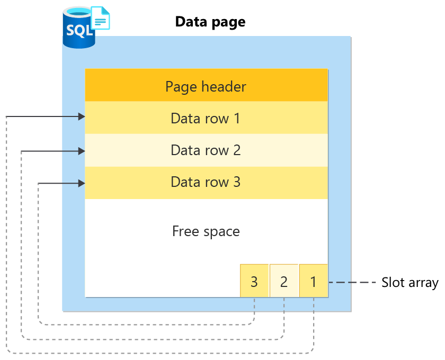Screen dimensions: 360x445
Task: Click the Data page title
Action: pos(210,22)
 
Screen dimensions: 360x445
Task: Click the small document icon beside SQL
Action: pos(101,18)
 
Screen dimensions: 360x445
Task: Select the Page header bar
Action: pos(206,86)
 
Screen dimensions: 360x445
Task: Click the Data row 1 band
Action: pos(206,118)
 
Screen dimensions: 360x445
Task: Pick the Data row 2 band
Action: pos(206,150)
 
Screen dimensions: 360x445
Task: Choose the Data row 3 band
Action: pos(206,182)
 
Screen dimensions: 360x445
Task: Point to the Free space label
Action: pos(206,231)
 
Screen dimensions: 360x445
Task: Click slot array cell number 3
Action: pos(254,281)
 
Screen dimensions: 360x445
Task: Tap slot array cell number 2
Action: pos(284,281)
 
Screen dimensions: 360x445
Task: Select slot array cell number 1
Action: pos(314,281)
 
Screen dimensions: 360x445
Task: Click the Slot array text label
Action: pos(410,283)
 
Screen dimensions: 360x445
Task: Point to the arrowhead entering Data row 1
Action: pos(82,116)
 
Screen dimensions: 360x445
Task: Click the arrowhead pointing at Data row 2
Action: pos(82,151)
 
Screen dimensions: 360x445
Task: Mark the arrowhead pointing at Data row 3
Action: pos(82,184)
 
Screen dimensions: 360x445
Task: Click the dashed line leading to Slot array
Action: pos(352,283)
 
